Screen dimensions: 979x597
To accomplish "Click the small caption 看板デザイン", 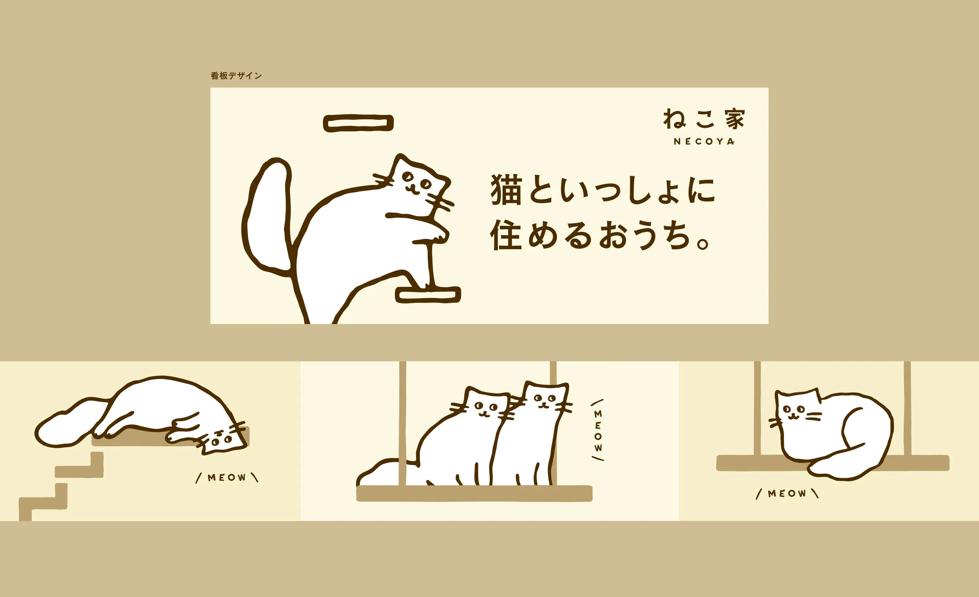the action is (x=236, y=76).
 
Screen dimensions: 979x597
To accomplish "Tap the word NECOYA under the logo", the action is (x=704, y=141).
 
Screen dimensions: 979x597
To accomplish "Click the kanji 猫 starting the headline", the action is (x=506, y=190).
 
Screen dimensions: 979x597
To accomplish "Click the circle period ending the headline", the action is (x=702, y=243).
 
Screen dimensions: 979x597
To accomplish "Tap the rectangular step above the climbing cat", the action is (x=358, y=123).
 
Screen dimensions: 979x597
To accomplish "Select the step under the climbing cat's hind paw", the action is (x=428, y=295).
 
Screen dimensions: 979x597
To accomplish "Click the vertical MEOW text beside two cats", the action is (x=598, y=431).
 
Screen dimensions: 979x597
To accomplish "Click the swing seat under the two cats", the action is (x=474, y=493).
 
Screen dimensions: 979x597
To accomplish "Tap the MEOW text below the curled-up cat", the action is (x=787, y=494).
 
